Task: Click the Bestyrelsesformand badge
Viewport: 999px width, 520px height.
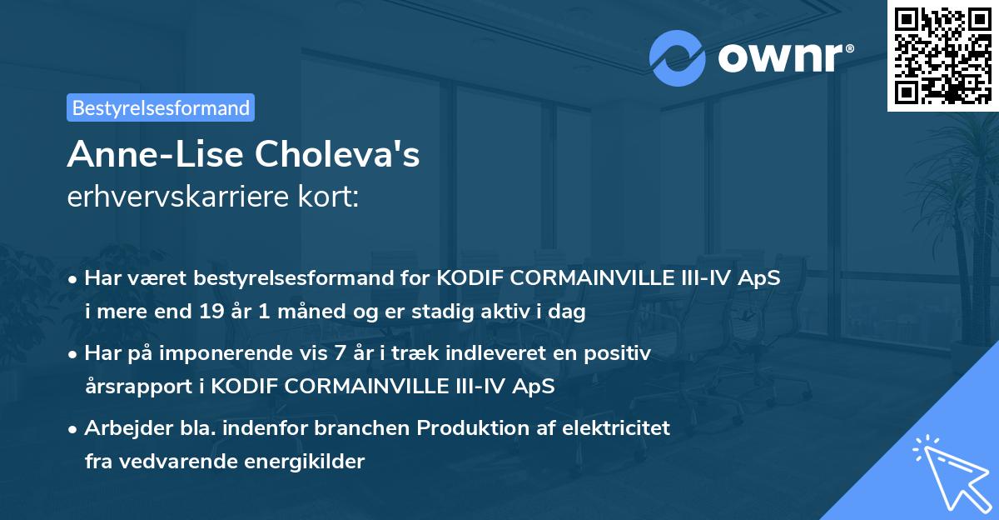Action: point(161,107)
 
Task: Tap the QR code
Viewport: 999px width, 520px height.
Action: point(942,55)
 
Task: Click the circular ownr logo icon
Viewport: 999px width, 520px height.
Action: point(678,58)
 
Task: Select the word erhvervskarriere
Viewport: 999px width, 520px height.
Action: point(180,198)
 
